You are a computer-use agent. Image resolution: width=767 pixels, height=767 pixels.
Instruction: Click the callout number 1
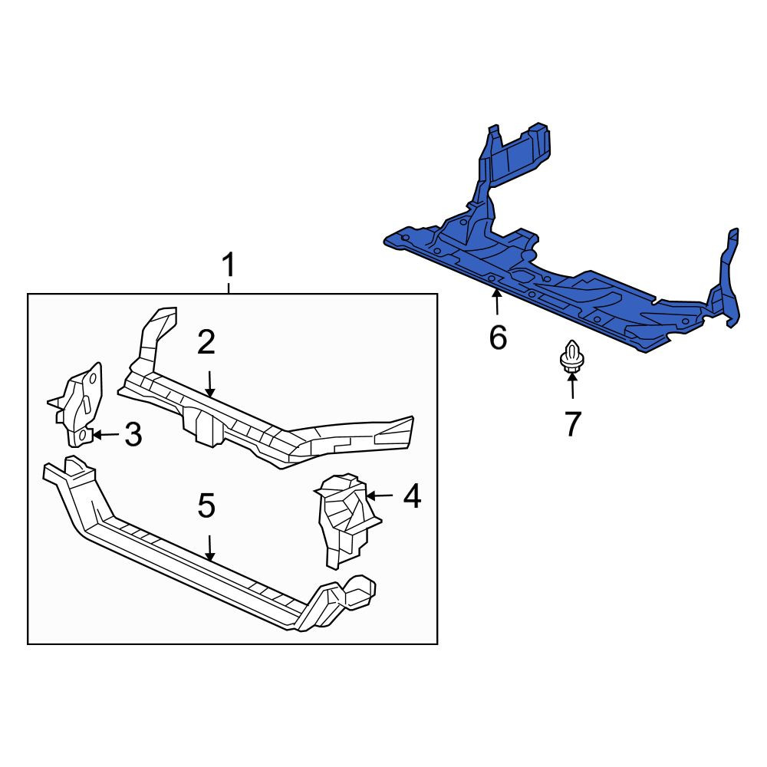pos(229,265)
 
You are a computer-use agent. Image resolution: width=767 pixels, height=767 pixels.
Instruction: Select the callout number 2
pos(206,342)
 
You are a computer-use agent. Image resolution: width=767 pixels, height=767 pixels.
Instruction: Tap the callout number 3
pos(133,434)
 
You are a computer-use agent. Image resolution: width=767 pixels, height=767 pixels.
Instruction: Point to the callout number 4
pos(412,495)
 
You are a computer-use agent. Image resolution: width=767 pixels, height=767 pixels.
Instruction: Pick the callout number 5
pos(206,505)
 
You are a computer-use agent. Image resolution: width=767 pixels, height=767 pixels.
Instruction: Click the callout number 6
pos(498,337)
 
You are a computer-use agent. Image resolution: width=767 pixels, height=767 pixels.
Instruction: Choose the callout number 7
pos(573,423)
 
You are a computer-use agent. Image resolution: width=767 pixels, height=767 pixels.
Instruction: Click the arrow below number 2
pos(210,384)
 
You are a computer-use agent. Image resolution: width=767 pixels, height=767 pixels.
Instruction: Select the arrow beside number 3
pos(106,434)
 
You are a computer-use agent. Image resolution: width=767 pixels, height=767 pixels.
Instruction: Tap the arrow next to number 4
pos(380,495)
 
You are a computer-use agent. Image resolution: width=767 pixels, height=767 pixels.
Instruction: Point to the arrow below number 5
pos(210,548)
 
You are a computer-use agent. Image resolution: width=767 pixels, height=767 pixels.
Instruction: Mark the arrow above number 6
pos(497,301)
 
